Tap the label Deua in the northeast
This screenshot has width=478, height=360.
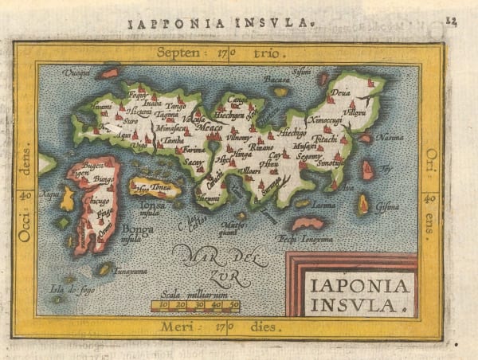[x=340, y=100]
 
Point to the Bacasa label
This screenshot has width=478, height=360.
[x=276, y=80]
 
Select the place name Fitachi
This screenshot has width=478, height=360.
[x=326, y=139]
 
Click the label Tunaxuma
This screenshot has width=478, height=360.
[x=131, y=269]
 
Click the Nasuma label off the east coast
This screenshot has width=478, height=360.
[x=389, y=139]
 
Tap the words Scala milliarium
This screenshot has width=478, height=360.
[x=194, y=292]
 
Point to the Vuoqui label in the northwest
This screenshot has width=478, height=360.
[x=76, y=71]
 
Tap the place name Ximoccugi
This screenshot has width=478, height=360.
[x=325, y=119]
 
